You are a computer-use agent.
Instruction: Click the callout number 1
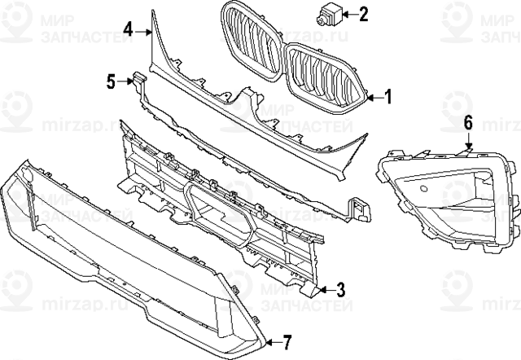[387, 98]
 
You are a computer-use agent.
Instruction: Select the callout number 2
[363, 13]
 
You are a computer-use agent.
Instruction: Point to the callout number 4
[129, 30]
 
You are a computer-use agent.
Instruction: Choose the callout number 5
[111, 81]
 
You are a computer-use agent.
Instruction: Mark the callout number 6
[468, 124]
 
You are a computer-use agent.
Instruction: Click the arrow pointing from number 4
[143, 31]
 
